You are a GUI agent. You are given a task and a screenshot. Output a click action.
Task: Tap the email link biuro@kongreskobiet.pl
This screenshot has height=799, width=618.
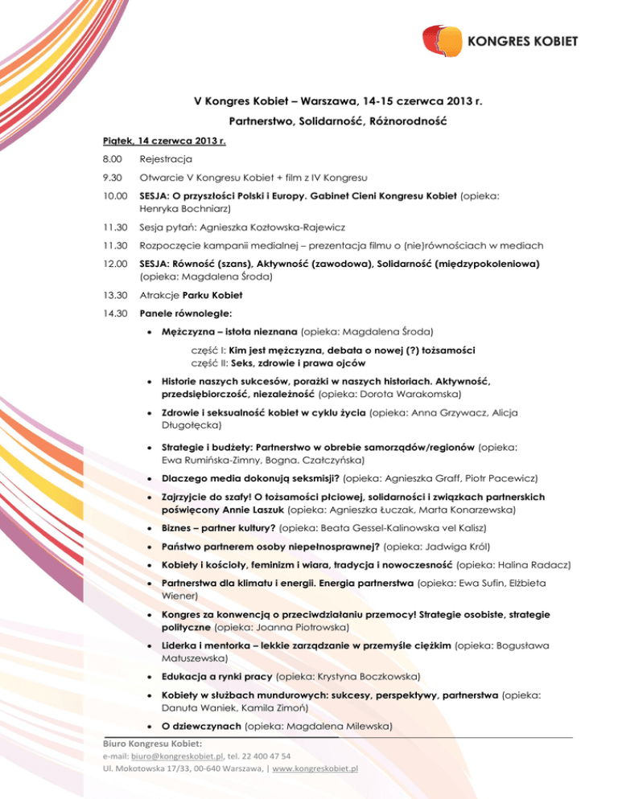click(175, 756)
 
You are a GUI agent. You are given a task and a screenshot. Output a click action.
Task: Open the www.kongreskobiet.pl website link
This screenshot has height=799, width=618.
click(315, 768)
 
